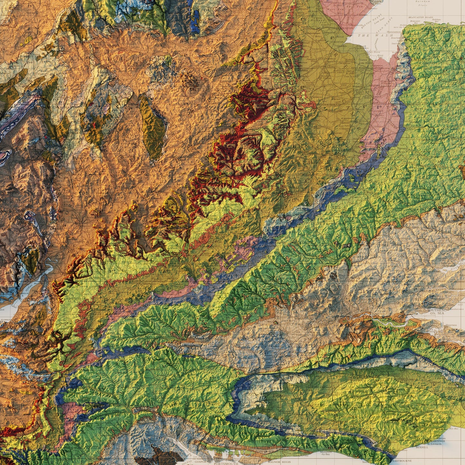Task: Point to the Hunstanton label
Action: click(395, 32)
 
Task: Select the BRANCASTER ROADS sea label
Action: click(420, 17)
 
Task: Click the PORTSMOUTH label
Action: click(226, 463)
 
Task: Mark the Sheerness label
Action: click(451, 325)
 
